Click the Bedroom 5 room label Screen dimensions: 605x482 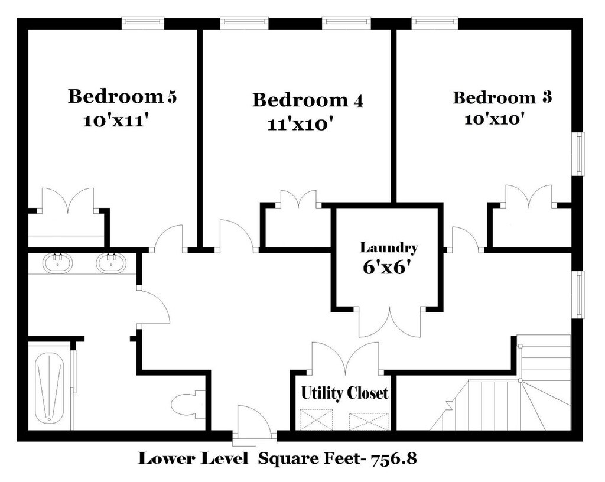tap(122, 96)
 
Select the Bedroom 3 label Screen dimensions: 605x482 tap(502, 97)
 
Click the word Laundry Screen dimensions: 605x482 tap(389, 248)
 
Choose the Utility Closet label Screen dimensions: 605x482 tap(344, 393)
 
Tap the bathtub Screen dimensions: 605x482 tap(49, 388)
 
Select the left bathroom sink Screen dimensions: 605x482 tap(57, 262)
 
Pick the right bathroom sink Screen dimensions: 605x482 tap(111, 262)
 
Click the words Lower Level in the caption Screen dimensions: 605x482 tap(193, 458)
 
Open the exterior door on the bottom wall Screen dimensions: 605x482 tap(254, 424)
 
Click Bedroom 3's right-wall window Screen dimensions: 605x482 tap(578, 154)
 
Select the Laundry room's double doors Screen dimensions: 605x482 tap(389, 322)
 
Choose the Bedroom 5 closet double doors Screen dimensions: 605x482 tap(68, 201)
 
